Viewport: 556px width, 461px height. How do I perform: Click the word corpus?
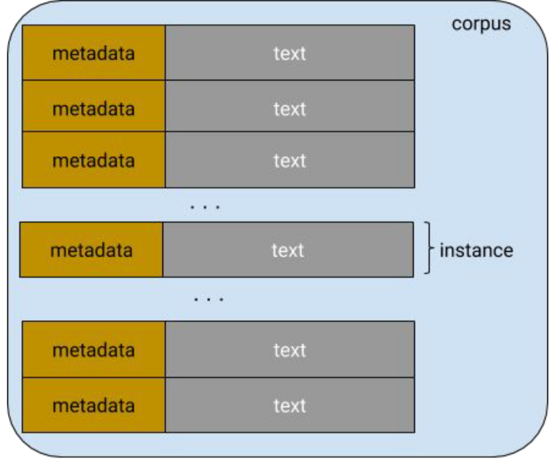coord(481,24)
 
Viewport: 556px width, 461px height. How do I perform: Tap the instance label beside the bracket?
coord(476,250)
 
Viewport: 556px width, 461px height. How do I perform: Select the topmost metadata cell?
coord(94,53)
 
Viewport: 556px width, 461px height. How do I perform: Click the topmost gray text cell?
coord(290,53)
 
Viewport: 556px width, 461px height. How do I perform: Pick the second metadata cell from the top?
coord(94,108)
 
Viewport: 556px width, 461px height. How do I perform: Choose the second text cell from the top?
coord(290,108)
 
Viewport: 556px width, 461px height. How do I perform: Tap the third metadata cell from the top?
coord(94,160)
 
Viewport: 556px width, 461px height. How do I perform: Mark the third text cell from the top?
coord(290,160)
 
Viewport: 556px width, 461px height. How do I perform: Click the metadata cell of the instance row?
coord(91,250)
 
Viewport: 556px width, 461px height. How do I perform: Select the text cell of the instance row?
coord(287,250)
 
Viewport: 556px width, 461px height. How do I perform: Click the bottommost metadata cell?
coord(94,405)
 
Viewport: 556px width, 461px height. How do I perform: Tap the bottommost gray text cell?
coord(290,405)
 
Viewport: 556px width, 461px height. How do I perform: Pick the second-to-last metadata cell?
coord(94,350)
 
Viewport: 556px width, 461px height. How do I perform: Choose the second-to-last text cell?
coord(290,350)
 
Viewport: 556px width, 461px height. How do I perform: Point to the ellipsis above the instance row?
coord(204,208)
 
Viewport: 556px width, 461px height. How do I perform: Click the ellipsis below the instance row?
coord(209,300)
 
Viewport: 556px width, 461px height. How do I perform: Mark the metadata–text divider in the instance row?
coord(163,250)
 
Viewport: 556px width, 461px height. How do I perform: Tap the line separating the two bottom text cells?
coord(290,378)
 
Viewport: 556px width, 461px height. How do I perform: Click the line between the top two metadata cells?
coord(94,80)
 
